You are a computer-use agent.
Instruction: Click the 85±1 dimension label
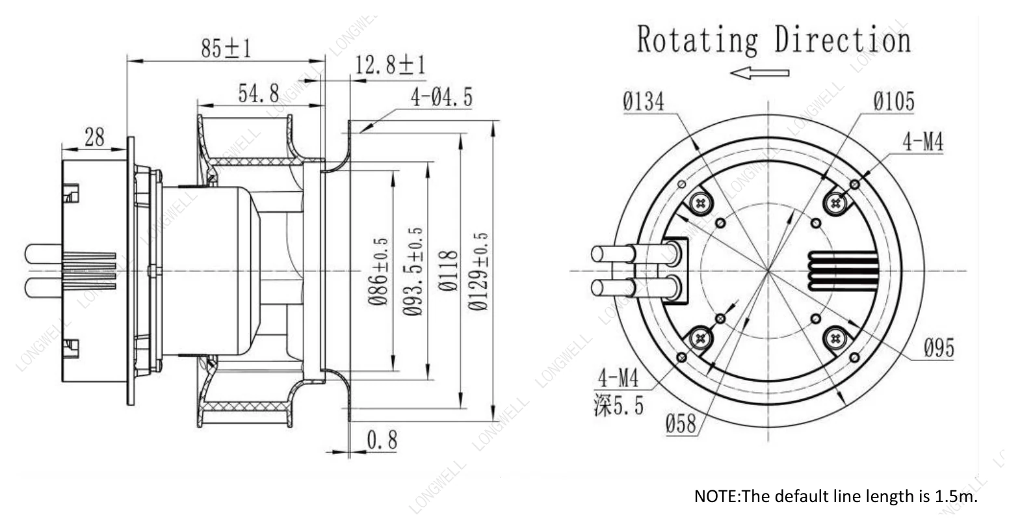pyautogui.click(x=226, y=48)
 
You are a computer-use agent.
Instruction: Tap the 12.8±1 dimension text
pyautogui.click(x=390, y=65)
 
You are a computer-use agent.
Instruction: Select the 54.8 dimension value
pyautogui.click(x=259, y=94)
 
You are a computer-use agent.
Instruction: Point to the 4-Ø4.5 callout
pyautogui.click(x=441, y=98)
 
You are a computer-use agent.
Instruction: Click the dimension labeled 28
pyautogui.click(x=94, y=137)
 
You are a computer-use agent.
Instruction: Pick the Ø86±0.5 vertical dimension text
pyautogui.click(x=378, y=271)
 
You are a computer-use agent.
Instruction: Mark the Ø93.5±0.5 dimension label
pyautogui.click(x=413, y=271)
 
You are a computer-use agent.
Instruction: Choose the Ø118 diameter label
pyautogui.click(x=448, y=271)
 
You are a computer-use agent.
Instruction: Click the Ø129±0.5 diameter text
pyautogui.click(x=478, y=271)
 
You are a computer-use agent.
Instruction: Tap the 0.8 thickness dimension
pyautogui.click(x=382, y=440)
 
